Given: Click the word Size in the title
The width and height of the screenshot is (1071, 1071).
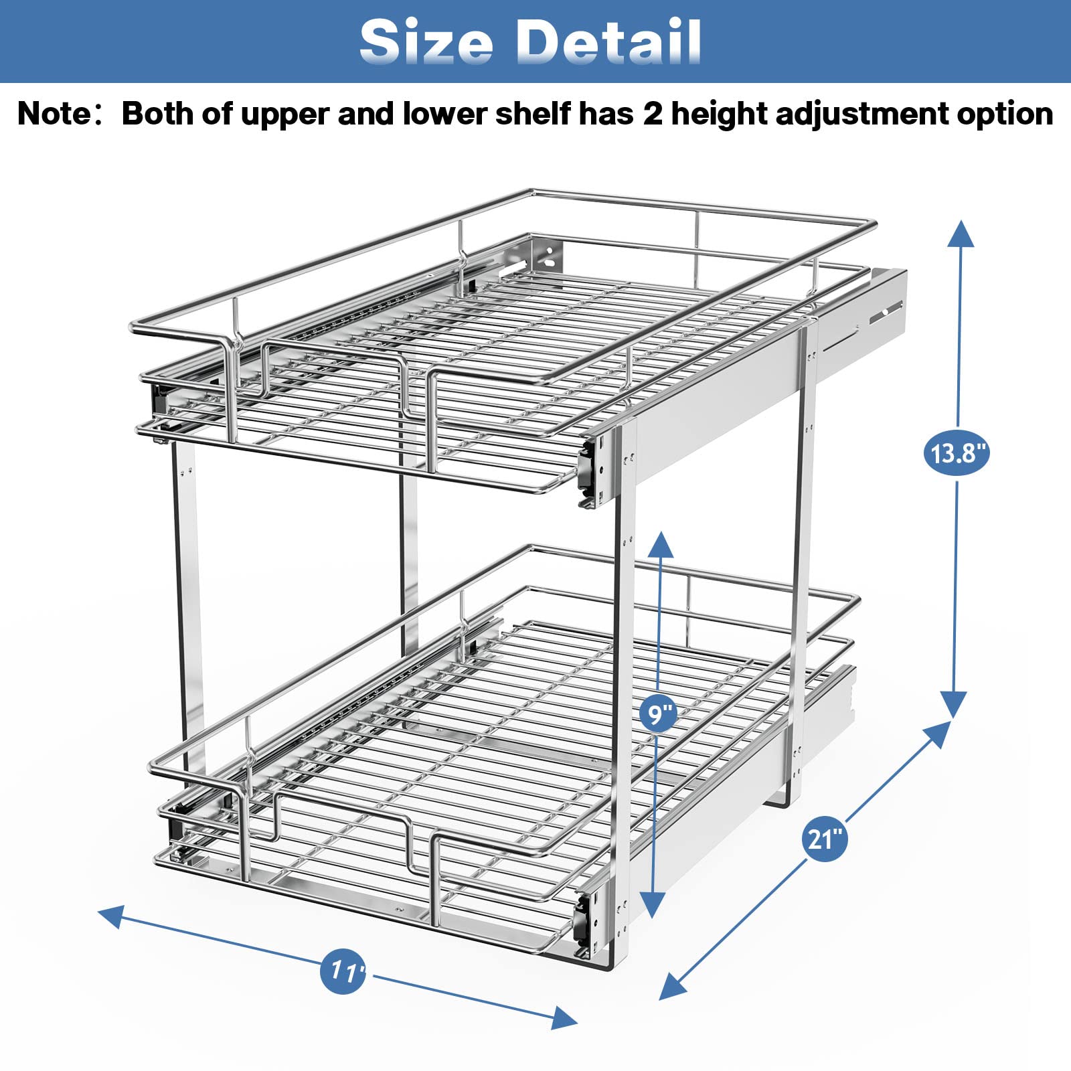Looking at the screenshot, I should coord(426,42).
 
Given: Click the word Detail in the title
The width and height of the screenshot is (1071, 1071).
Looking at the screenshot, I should coord(608,42).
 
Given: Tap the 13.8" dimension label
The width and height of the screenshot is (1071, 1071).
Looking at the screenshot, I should coord(957,453).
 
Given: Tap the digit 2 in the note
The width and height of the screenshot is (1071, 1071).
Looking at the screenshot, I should coord(652,114).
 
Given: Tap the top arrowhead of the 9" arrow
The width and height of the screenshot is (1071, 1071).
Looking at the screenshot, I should coord(661,544).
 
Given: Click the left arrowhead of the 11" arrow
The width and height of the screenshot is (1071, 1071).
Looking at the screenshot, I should coord(111,916).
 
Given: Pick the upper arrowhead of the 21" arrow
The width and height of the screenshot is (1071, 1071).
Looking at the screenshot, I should coord(937,734).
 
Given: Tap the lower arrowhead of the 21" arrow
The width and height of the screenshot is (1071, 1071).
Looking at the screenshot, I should coord(672,987).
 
